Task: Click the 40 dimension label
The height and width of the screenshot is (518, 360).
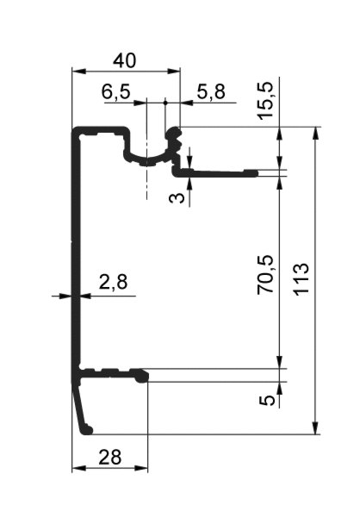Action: click(124, 60)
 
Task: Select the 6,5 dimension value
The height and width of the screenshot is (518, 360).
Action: click(115, 91)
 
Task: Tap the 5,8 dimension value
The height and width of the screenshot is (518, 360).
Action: click(211, 91)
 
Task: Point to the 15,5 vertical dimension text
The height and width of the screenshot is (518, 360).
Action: click(265, 100)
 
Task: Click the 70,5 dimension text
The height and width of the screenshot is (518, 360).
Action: click(265, 274)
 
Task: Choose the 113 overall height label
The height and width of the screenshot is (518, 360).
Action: click(301, 279)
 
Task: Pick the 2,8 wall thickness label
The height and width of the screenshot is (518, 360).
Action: click(113, 282)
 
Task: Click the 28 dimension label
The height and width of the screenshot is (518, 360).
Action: click(109, 457)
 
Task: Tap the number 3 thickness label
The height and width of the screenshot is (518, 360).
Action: click(177, 198)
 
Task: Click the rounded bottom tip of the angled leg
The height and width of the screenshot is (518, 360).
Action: click(88, 430)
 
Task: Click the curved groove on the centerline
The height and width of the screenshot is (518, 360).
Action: click(146, 159)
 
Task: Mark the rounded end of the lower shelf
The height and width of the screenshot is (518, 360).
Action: click(144, 377)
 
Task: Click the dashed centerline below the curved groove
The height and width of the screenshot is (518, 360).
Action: click(146, 184)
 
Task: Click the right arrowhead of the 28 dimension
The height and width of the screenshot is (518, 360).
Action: click(141, 468)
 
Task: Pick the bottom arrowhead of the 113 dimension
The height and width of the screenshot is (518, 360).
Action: click(315, 428)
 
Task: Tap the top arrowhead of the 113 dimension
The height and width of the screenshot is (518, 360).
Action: click(315, 134)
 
